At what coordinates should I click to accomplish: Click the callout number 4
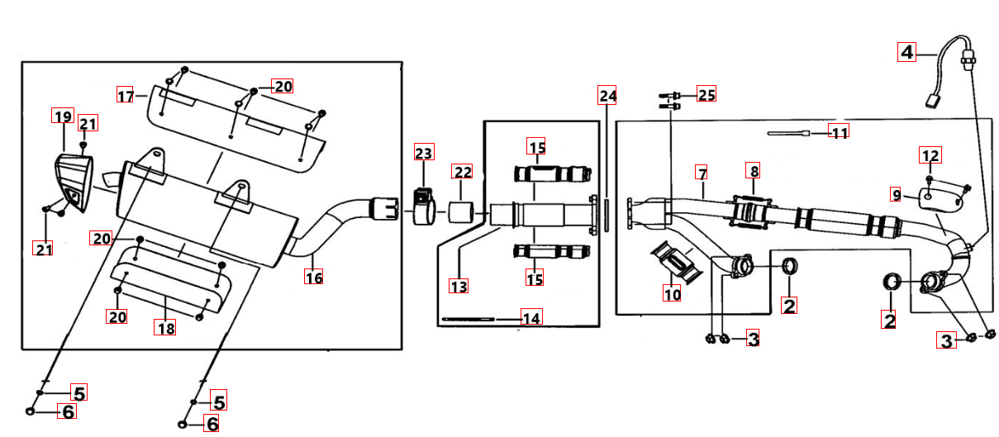[x=906, y=52]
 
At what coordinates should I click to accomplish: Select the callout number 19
[x=63, y=116]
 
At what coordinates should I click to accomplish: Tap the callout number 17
[x=126, y=95]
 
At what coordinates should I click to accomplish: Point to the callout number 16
[x=313, y=277]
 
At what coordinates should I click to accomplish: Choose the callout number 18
[x=165, y=328]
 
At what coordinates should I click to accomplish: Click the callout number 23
[x=424, y=153]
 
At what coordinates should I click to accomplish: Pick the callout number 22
[x=463, y=172]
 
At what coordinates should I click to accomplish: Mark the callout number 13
[x=459, y=286]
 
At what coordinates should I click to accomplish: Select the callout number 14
[x=531, y=317]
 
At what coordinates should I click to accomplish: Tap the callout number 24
[x=607, y=96]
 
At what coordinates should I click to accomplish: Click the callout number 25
[x=706, y=94]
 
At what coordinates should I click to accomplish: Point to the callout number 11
[x=840, y=132]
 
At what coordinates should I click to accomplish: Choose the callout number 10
[x=672, y=293]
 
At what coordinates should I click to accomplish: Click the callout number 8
[x=754, y=170]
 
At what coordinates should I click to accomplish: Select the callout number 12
[x=930, y=155]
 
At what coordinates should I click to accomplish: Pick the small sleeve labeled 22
[x=461, y=212]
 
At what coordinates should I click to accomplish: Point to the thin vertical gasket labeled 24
[x=607, y=215]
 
